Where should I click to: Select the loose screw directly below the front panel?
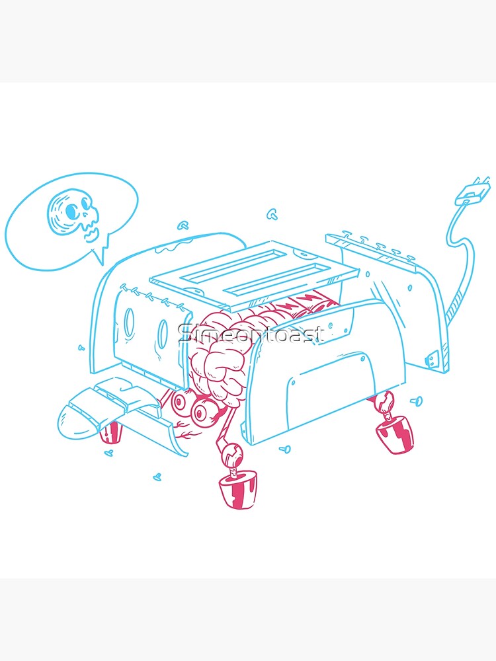[x=286, y=449]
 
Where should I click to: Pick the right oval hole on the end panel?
[x=163, y=331]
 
